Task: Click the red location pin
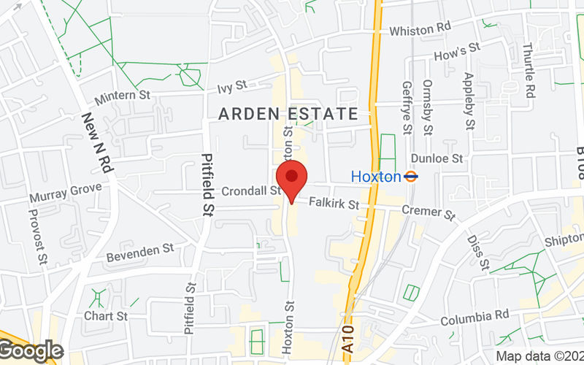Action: [292, 177]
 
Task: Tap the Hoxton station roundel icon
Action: [412, 176]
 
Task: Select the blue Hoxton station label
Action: [376, 176]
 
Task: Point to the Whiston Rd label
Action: [421, 29]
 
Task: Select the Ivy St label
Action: [232, 88]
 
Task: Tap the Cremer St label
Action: [430, 212]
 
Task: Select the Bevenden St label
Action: [140, 253]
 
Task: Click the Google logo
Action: [31, 350]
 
